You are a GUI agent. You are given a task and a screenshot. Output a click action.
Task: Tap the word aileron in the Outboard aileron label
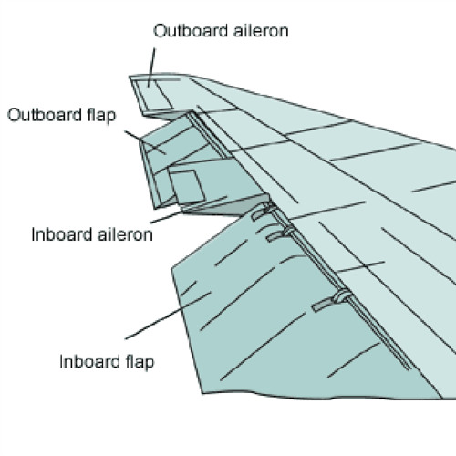pos(261,31)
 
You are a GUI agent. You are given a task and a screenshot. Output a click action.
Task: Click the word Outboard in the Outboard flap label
pos(45,115)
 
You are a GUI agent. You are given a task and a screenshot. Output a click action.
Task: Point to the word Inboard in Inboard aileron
pos(62,234)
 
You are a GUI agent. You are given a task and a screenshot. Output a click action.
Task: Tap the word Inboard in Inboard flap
pos(90,361)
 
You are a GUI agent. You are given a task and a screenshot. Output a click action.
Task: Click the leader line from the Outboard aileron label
pos(151,67)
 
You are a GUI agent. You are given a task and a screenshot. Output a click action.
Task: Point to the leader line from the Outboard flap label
pos(145,142)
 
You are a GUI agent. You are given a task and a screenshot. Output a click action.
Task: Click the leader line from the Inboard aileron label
pos(189,210)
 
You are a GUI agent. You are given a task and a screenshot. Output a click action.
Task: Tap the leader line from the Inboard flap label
pos(168,316)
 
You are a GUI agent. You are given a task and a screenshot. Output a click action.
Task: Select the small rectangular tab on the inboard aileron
pos(187,187)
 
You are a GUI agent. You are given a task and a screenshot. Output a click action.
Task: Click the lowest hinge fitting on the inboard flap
pos(332,301)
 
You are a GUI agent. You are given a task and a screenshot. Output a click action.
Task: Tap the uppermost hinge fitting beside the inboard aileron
pos(264,211)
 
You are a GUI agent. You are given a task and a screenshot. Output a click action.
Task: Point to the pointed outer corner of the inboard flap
pos(172,268)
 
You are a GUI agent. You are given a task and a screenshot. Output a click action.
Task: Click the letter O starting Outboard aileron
pos(160,31)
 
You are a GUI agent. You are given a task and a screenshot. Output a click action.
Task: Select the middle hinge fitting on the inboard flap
pos(280,234)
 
